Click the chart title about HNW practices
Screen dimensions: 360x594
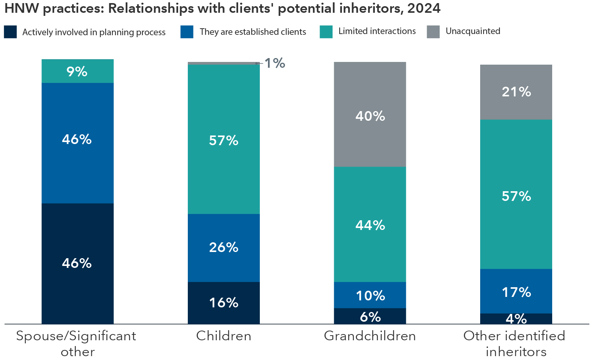[x=222, y=9]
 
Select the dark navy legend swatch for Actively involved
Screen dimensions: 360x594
[x=10, y=32]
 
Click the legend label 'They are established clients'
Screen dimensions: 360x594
[x=252, y=32]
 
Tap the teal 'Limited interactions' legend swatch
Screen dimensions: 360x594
[x=326, y=32]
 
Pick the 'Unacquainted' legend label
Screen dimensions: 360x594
[x=472, y=31]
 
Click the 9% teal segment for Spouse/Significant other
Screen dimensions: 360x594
[x=77, y=71]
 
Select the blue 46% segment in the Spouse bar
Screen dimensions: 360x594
[x=77, y=142]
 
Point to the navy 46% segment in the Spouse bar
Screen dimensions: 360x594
[x=77, y=263]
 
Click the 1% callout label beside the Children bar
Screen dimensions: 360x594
[x=275, y=63]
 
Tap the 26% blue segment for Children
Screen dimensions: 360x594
[x=223, y=248]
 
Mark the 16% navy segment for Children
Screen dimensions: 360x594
[x=223, y=303]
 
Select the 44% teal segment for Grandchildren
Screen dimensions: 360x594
[x=370, y=225]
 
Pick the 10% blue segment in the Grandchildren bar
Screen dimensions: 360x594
[x=370, y=295]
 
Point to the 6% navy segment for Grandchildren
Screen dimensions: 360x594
[x=370, y=316]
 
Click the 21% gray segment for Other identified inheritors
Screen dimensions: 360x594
[x=516, y=92]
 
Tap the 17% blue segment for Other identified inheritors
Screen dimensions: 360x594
[x=516, y=291]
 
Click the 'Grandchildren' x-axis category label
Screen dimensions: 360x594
[x=370, y=336]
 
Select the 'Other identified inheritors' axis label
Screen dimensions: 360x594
[x=515, y=343]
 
